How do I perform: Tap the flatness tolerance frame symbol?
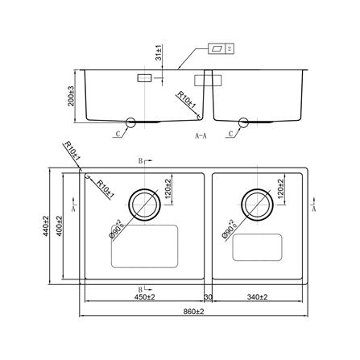coord(219,48)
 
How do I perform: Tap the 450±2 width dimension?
coord(144,297)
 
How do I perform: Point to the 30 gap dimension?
coord(208,297)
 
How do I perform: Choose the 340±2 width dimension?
coord(258,297)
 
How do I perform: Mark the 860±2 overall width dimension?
coord(193,311)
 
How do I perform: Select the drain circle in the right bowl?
coord(259,201)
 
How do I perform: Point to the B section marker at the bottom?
coord(142,288)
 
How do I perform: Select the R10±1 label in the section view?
coord(186,102)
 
